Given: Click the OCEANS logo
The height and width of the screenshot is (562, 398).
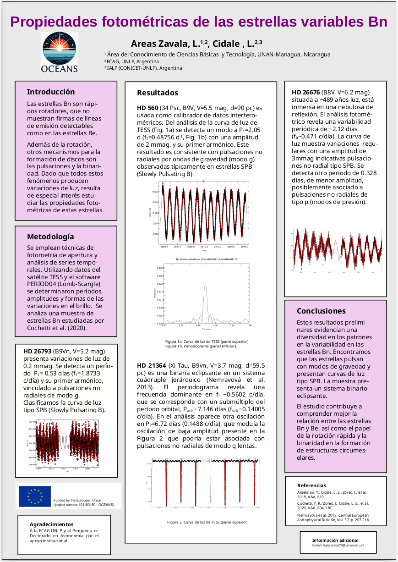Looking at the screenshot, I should coord(60,53).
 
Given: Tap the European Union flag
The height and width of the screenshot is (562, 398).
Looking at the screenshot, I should coord(35,496).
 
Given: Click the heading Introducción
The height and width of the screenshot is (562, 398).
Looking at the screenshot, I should coord(50,92).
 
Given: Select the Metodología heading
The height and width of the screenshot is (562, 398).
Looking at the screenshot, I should coord(50,237).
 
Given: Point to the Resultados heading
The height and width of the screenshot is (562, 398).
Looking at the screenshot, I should coord(158,93).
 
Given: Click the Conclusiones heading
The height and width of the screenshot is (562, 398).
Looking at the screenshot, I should coord(321,311).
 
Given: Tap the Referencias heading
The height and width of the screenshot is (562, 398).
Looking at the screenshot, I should coord(312,485).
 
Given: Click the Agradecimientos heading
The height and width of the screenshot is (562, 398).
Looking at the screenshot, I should coord(51,524).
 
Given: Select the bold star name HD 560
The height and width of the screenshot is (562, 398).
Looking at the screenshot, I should coord(148,108).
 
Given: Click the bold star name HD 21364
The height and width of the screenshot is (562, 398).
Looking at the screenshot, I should coord(151,365).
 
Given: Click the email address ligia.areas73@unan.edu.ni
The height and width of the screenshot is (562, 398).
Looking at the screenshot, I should coord(344,545).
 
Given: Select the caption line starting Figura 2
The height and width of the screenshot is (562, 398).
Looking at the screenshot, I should coord(207,522).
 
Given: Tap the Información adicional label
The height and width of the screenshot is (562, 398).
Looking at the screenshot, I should coord(335,540).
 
